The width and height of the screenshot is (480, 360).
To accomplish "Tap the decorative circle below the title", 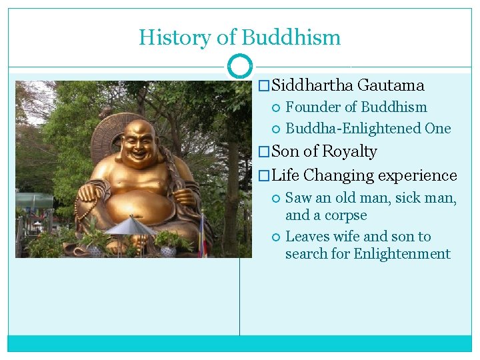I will [239, 66].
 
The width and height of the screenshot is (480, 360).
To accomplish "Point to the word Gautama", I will [391, 85].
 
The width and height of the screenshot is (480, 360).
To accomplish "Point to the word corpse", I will [345, 215].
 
